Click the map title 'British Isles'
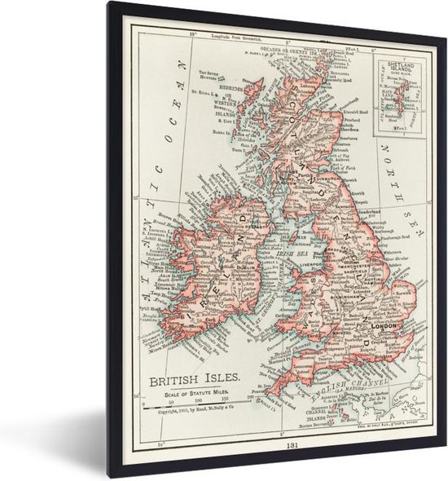[193, 378]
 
